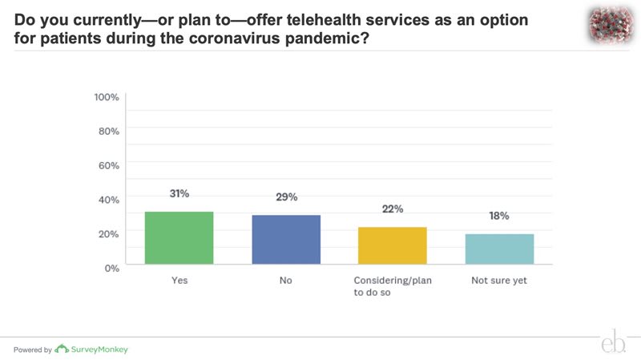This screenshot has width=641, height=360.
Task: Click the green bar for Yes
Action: (179, 238)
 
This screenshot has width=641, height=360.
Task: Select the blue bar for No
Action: (286, 240)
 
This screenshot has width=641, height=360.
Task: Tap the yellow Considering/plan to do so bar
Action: (393, 245)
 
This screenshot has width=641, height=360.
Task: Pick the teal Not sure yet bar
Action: (499, 249)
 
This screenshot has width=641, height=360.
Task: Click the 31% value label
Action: (179, 194)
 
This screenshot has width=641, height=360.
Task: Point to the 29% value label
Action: (286, 197)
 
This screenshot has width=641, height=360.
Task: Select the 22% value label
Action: (393, 209)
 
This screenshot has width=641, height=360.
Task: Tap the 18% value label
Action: (499, 216)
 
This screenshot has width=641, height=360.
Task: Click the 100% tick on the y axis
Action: (107, 97)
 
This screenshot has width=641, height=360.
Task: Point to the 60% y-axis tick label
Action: (108, 165)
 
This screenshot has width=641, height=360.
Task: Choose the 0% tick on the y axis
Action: (111, 267)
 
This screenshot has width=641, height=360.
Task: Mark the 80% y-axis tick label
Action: (108, 131)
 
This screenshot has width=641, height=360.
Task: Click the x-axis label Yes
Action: (179, 281)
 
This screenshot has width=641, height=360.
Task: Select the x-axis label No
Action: (286, 281)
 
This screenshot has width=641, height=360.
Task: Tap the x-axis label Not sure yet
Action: (498, 281)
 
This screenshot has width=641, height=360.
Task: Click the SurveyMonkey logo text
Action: (100, 350)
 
